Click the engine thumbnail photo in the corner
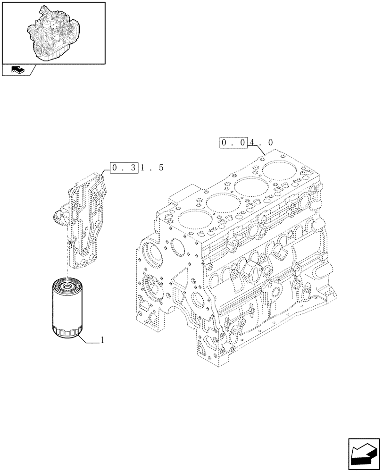[53, 32]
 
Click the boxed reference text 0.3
[123, 168]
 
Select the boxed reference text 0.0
[233, 142]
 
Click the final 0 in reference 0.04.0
[270, 142]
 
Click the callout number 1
[102, 340]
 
